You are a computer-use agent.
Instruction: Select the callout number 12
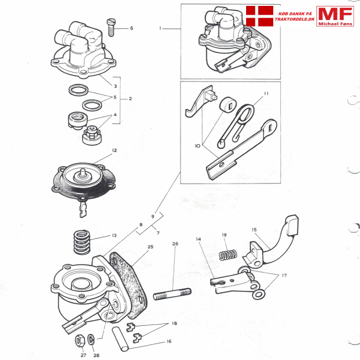pos(114,150)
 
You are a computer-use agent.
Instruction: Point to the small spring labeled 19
pos(228,255)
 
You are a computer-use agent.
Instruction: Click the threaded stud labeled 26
pos(173,293)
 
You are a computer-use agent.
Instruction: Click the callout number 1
pos(159,28)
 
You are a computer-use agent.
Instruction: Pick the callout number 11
pos(266,94)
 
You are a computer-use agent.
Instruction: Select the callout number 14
pos(199,239)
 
